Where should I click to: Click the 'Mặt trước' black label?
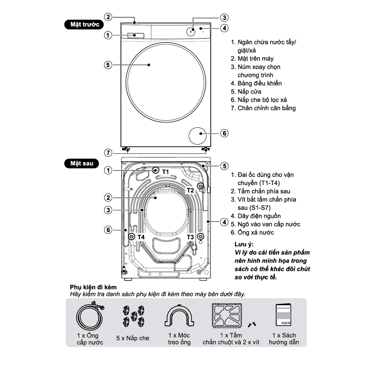click(x=84, y=24)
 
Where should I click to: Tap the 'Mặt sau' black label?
click(x=81, y=163)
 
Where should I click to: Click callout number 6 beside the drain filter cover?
click(x=225, y=133)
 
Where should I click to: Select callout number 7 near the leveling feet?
click(x=108, y=153)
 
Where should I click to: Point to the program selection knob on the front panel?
click(x=191, y=32)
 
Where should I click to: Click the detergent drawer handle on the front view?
click(x=136, y=36)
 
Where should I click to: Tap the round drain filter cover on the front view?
click(x=198, y=136)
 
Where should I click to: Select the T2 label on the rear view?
click(x=190, y=190)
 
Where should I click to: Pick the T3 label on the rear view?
click(x=190, y=237)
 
